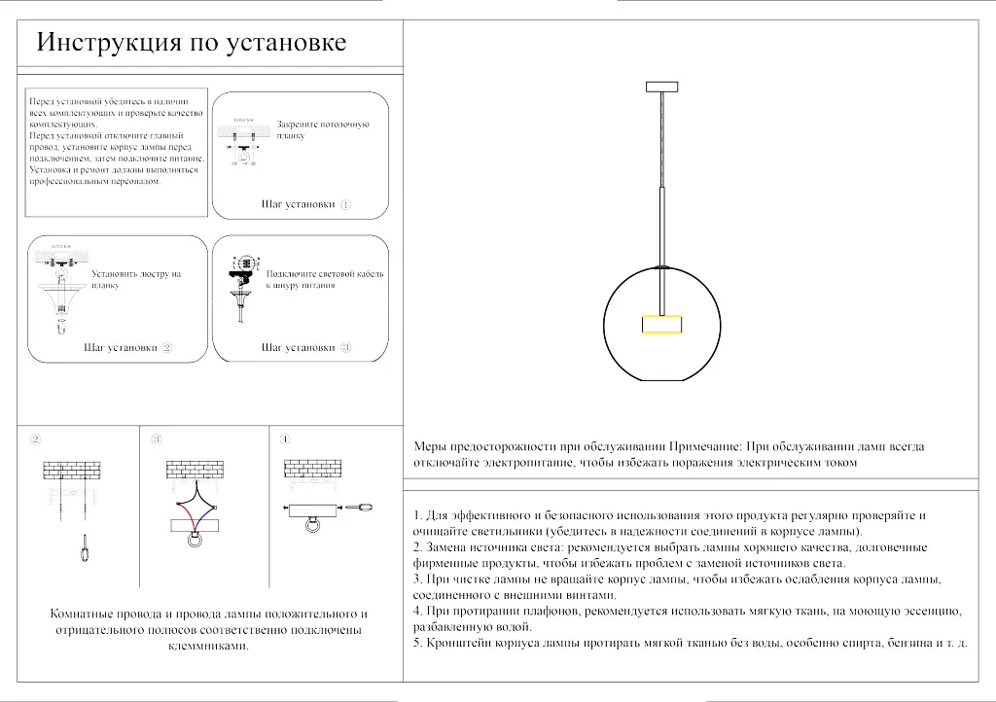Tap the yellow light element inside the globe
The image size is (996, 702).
[x=663, y=325]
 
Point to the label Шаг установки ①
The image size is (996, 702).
[x=306, y=205]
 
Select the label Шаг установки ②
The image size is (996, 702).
[x=127, y=347]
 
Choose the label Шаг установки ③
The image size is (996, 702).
[x=306, y=347]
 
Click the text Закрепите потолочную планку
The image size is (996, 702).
[x=323, y=130]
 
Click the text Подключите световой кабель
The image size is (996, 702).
[x=324, y=274]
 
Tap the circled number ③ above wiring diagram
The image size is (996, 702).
[x=157, y=439]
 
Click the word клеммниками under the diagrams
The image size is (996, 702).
[x=209, y=646]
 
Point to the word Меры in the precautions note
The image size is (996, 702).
[x=430, y=446]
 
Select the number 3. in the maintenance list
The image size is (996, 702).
[x=417, y=579]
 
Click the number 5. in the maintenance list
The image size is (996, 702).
[x=417, y=643]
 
